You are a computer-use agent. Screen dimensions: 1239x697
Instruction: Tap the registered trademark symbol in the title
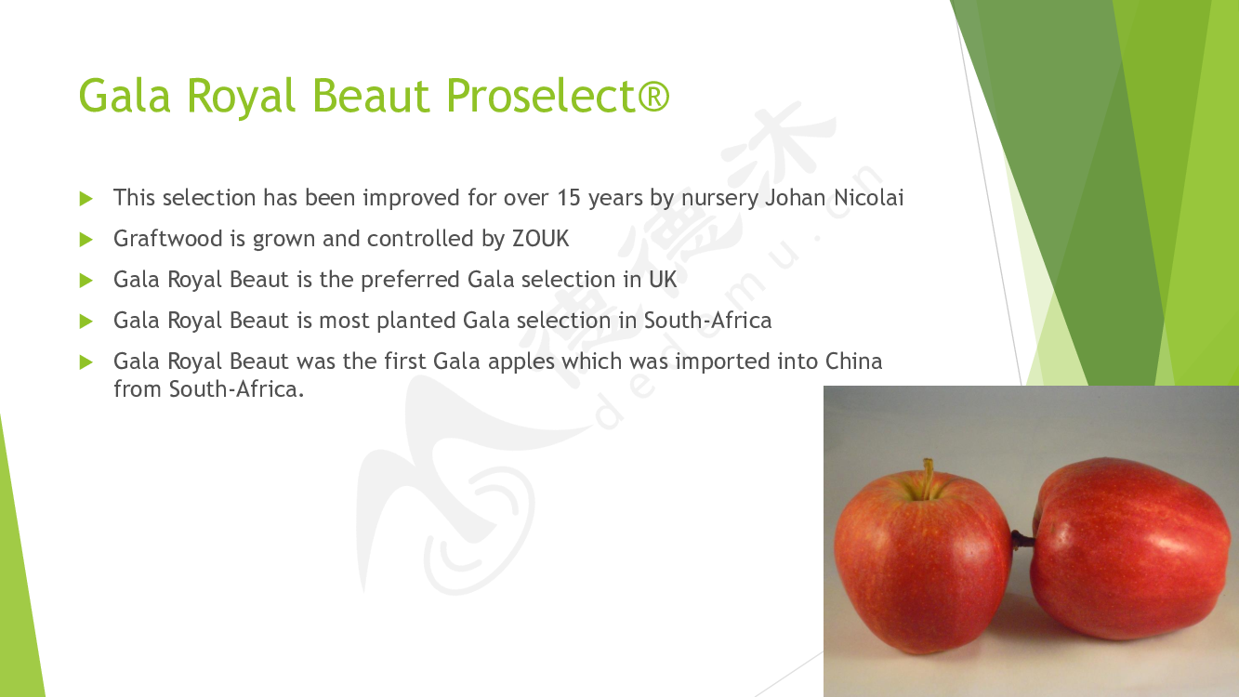tap(653, 95)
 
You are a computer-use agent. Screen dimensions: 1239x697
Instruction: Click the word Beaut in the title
tap(371, 95)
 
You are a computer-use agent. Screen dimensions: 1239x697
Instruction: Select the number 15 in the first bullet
tap(569, 197)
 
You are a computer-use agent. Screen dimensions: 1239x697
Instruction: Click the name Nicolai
tap(868, 197)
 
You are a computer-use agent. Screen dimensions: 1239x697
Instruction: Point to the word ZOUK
tap(540, 239)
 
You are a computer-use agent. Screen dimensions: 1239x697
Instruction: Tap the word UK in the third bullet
tap(663, 280)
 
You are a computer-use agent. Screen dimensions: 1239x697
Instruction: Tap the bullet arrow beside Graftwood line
tap(86, 240)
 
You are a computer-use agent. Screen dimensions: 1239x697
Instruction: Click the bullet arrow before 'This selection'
tap(86, 199)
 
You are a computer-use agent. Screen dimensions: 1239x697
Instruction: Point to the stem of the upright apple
tap(929, 478)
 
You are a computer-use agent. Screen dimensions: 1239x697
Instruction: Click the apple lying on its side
tap(1128, 547)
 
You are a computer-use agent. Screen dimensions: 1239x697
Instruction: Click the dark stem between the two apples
tap(1022, 539)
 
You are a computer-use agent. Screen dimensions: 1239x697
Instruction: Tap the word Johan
tap(796, 197)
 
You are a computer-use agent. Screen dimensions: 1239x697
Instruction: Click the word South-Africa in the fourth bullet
tap(707, 321)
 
